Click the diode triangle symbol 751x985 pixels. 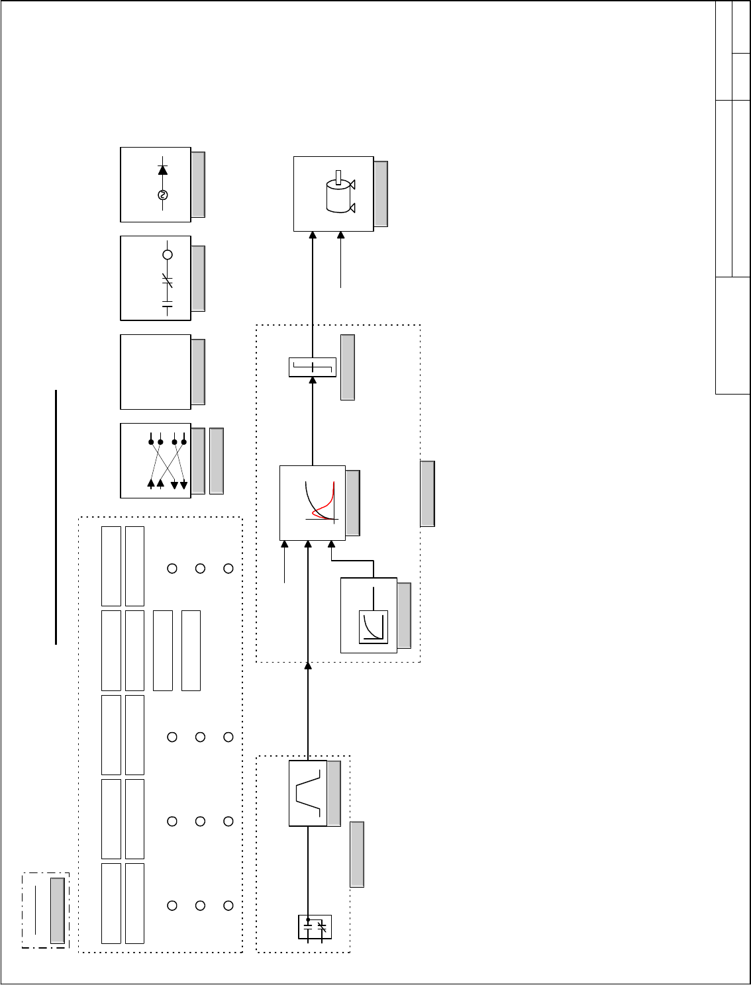click(163, 169)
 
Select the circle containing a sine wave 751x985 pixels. click(163, 195)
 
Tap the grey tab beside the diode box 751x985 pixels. click(197, 185)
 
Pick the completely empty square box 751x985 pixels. click(156, 371)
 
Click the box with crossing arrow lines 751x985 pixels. click(156, 461)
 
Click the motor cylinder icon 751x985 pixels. click(339, 197)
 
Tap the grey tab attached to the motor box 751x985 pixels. click(381, 194)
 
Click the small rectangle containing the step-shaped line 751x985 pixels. click(313, 367)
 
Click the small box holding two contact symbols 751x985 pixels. click(315, 927)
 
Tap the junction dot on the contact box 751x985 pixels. click(308, 919)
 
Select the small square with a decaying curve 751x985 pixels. click(373, 627)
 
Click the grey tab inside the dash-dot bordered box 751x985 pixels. click(58, 910)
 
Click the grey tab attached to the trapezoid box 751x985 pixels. click(334, 793)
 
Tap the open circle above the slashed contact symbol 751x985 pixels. click(168, 255)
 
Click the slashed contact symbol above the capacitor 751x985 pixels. click(168, 281)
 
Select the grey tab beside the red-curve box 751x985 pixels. click(353, 503)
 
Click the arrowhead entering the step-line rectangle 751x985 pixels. click(313, 381)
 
